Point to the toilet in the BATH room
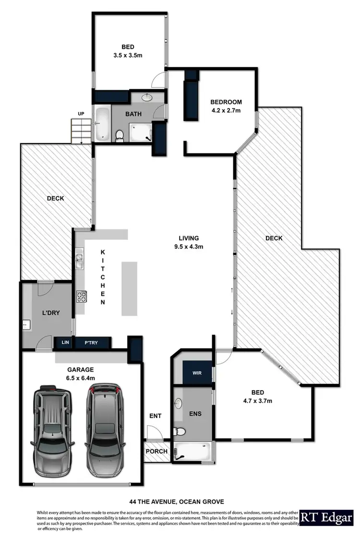pyautogui.click(x=120, y=136)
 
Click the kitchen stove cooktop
pyautogui.click(x=81, y=297)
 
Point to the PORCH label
pyautogui.click(x=156, y=451)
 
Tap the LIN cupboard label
pyautogui.click(x=65, y=342)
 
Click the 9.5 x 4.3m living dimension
pyautogui.click(x=189, y=247)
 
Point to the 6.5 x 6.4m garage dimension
pyautogui.click(x=81, y=378)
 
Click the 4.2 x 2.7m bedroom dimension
pyautogui.click(x=226, y=110)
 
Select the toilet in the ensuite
pyautogui.click(x=180, y=431)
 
